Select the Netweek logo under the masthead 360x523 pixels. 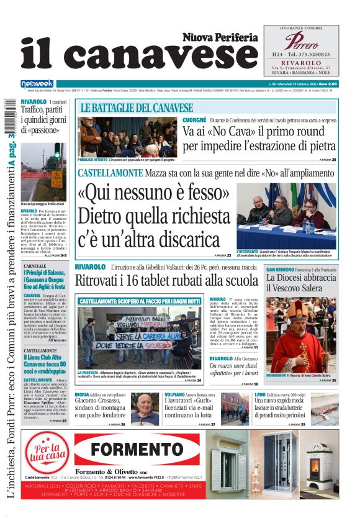click(37, 84)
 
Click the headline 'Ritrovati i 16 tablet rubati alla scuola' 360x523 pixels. click(166, 281)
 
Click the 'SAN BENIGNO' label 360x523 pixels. click(279, 270)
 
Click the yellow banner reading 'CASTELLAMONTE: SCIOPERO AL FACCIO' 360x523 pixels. click(140, 301)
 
